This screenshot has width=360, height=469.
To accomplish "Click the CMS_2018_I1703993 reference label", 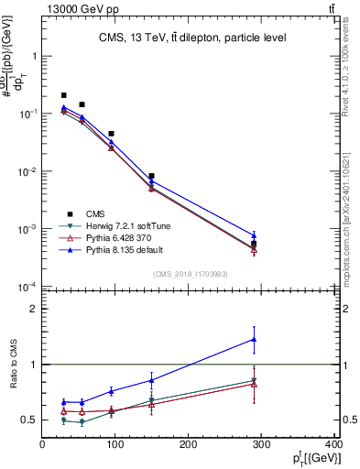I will (x=191, y=273).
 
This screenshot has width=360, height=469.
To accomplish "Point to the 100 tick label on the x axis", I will (x=115, y=445).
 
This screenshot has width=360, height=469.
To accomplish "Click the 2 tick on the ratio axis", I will (x=35, y=309).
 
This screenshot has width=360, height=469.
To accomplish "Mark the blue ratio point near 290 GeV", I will (x=254, y=340).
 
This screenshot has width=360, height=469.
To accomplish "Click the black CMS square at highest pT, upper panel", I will (x=254, y=244).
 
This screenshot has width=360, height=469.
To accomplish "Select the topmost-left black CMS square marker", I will (x=63, y=95).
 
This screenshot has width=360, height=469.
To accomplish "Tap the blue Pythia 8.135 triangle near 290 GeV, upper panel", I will (x=254, y=235).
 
